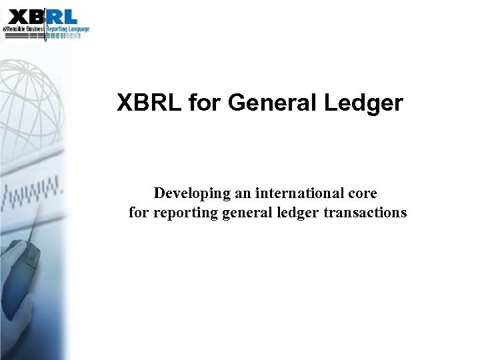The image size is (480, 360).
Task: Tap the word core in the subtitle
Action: (362, 193)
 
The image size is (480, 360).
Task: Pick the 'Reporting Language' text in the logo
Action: (67, 29)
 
